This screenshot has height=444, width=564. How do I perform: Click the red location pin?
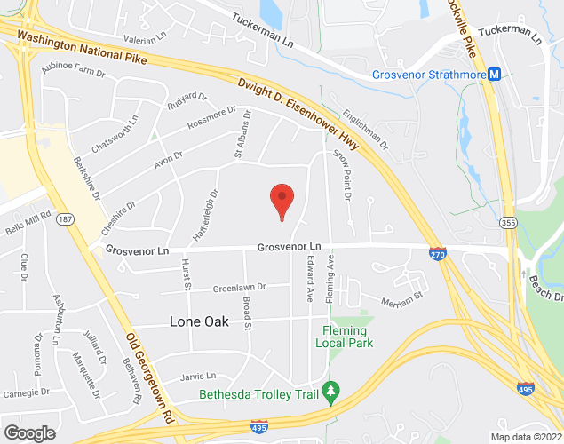[282, 200]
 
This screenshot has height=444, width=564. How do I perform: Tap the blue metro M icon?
[494, 75]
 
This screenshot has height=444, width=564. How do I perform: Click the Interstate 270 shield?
[437, 254]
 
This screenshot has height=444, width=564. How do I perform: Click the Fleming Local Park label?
[346, 337]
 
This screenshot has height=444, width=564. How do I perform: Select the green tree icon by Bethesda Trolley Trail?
[331, 389]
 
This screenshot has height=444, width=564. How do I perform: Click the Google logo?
[28, 432]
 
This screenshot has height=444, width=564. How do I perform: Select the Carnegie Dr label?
[26, 392]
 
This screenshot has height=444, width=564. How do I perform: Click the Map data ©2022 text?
[525, 436]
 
